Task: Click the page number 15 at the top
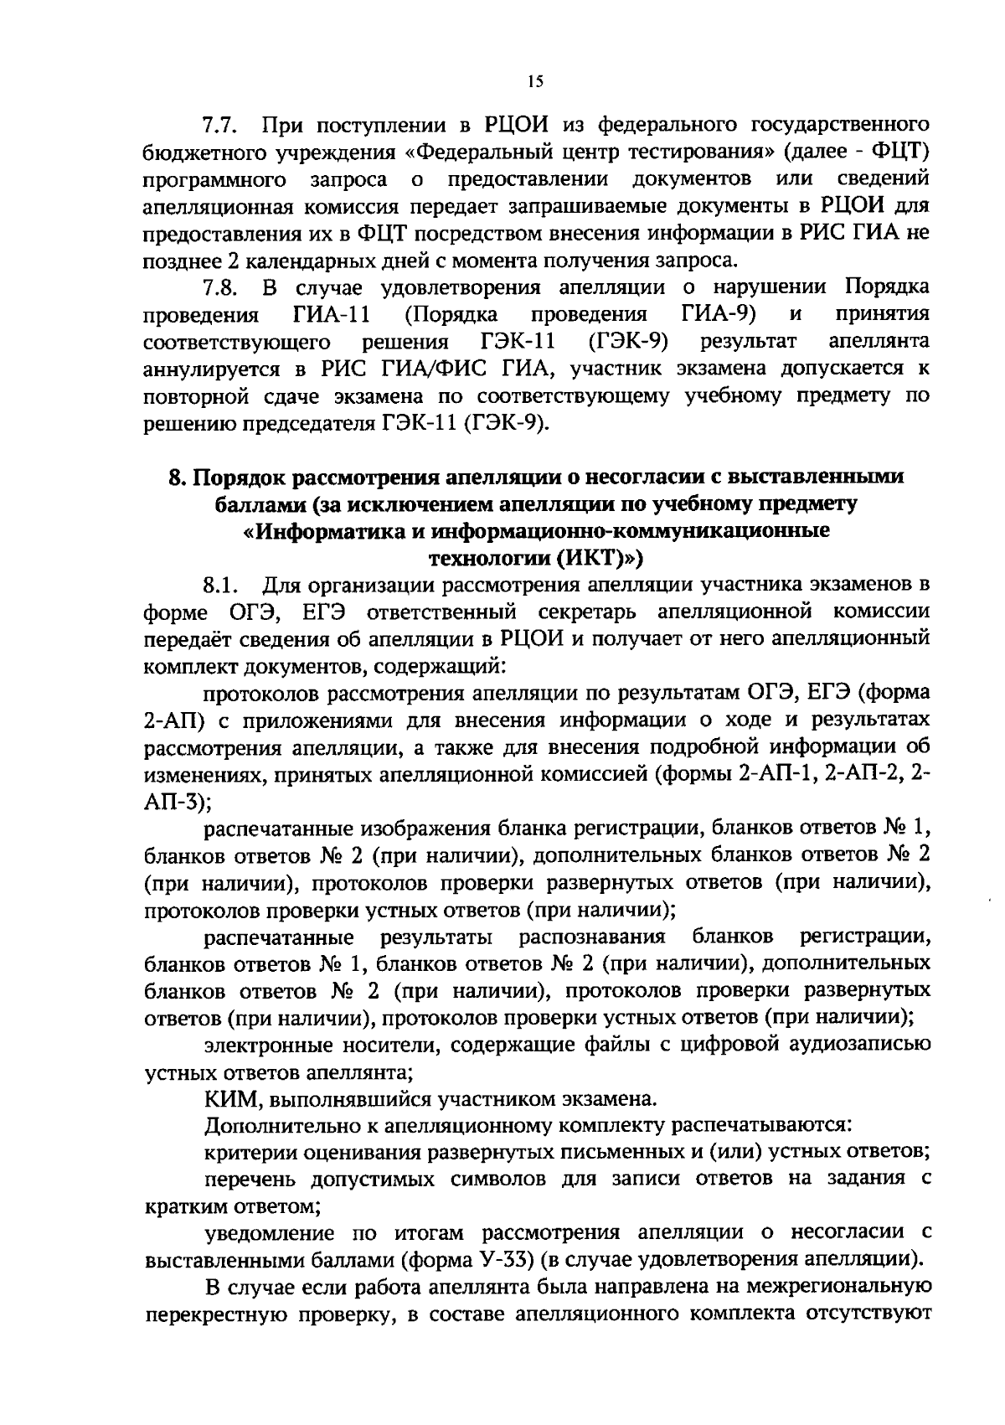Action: (536, 81)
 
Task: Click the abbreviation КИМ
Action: (229, 1098)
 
